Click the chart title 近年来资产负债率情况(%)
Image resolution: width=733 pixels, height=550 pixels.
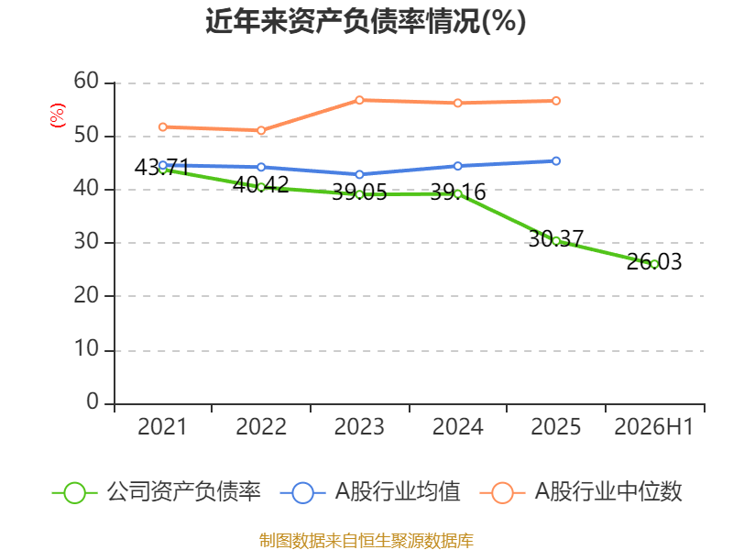point(366,21)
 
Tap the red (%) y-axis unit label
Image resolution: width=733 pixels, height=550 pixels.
point(58,115)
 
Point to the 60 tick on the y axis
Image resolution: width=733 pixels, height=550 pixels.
point(86,81)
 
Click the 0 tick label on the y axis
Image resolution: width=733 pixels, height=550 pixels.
point(93,401)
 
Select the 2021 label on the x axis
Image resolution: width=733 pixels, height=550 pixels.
point(162,426)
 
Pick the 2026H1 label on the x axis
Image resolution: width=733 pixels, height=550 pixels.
point(653,426)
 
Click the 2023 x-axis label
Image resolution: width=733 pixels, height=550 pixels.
point(359,426)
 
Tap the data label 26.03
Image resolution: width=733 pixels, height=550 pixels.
point(654,261)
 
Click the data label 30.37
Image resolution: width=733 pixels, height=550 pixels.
point(556,239)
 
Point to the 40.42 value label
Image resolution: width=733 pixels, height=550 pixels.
point(261,185)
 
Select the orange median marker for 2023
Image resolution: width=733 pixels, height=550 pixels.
point(359,100)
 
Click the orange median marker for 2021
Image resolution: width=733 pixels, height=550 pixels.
point(163,127)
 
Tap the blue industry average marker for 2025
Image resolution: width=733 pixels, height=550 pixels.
point(556,161)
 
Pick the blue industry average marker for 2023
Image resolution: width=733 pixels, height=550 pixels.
point(359,174)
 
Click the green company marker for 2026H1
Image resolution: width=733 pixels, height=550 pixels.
point(654,264)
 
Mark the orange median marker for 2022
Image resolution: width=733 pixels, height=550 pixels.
point(261,130)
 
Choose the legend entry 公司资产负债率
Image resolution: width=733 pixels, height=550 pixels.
point(157,492)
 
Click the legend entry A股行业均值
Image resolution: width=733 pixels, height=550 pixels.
point(370,492)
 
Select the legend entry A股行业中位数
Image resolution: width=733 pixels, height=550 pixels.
point(581,492)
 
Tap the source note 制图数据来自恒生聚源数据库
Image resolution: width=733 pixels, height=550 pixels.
point(366,541)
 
